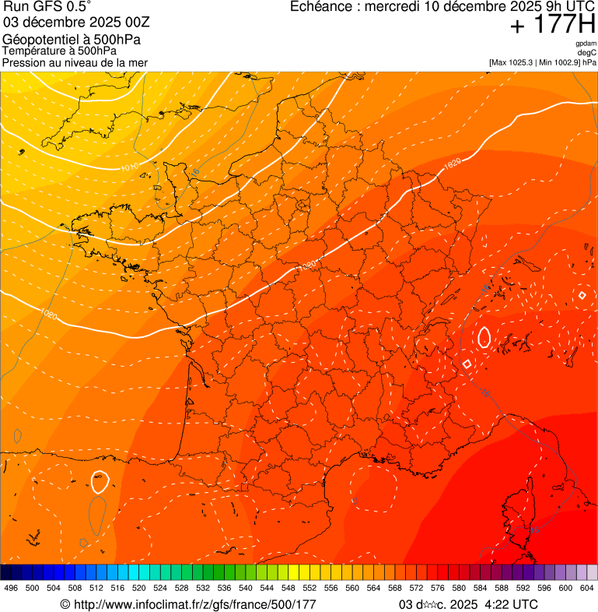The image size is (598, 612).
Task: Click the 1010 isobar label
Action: click(129, 167)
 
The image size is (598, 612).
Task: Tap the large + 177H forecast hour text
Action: click(552, 25)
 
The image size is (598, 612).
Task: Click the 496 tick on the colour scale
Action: click(11, 588)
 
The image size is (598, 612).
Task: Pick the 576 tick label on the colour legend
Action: click(437, 588)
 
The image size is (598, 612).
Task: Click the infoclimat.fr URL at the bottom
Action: click(194, 604)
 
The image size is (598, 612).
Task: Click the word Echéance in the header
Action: click(319, 7)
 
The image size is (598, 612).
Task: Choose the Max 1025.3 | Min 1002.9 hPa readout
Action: click(543, 62)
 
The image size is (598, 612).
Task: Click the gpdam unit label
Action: click(586, 44)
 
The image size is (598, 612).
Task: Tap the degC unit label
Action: click(587, 52)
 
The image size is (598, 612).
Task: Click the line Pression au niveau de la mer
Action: click(75, 62)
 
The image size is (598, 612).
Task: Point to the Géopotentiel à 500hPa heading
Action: click(72, 39)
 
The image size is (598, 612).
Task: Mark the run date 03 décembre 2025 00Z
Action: click(76, 23)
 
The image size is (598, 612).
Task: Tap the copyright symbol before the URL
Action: click(65, 604)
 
